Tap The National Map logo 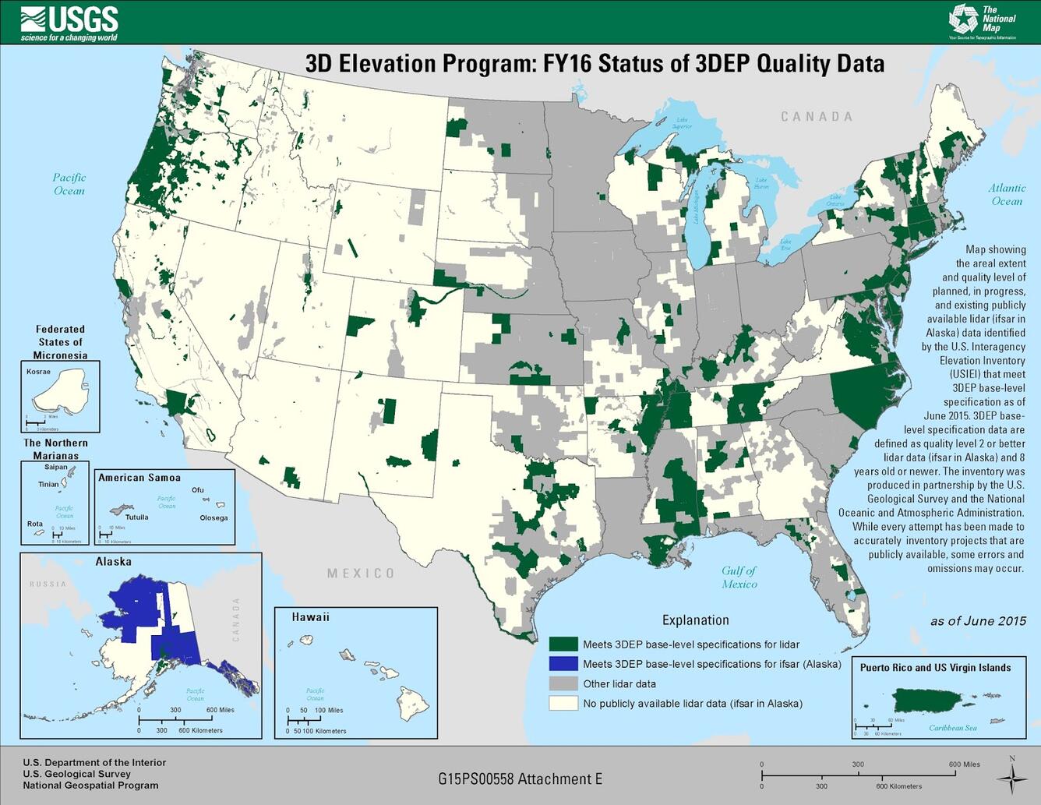coord(983,20)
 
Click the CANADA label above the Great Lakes coord(817,117)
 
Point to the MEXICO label coord(361,574)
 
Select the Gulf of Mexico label coord(738,577)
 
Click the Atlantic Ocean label coord(1007,195)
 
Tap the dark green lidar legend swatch coord(563,644)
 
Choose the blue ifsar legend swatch coord(563,664)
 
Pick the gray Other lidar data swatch coord(563,683)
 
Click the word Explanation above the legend coord(695,620)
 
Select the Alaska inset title coord(113,562)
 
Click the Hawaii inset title coord(310,617)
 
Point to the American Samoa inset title coord(139,478)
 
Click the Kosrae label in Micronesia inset coord(38,372)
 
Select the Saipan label coord(55,468)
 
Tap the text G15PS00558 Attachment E coord(520,779)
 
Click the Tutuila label coord(136,517)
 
